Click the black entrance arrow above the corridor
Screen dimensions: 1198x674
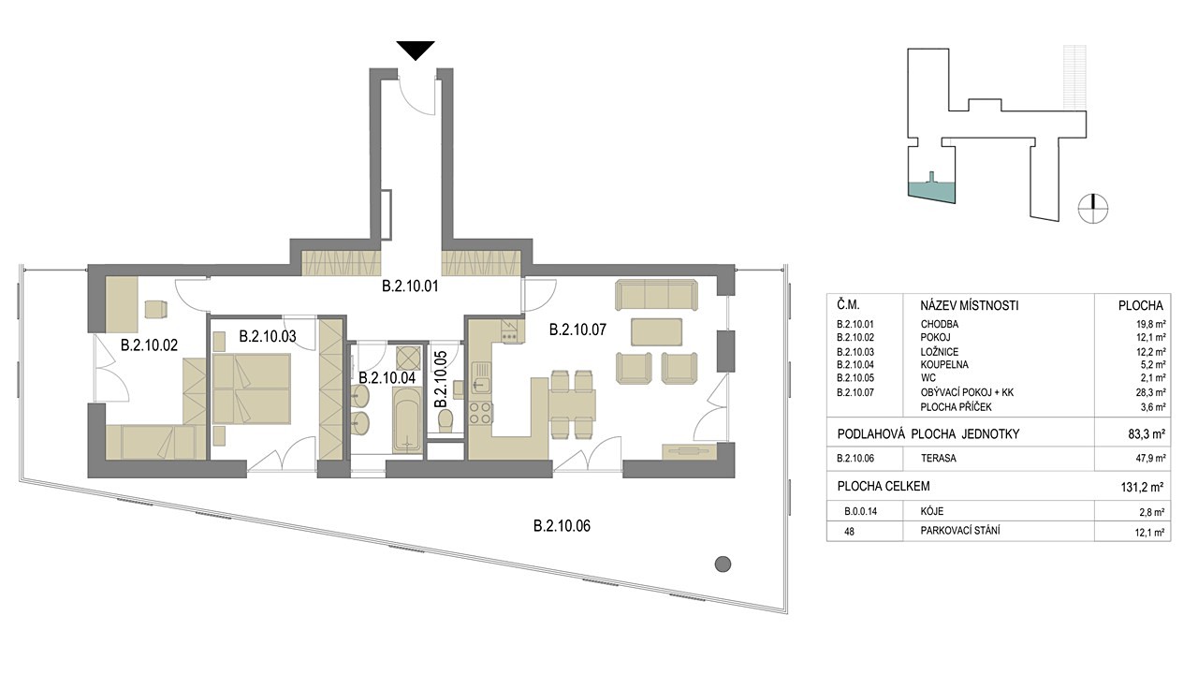point(416,51)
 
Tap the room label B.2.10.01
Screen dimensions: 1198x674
point(410,286)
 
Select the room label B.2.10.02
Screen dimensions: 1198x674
point(149,345)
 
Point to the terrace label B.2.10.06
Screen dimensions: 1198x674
point(562,526)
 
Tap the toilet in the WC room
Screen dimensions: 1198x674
point(445,420)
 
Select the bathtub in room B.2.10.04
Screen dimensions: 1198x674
point(407,420)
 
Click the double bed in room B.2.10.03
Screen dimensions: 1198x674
point(252,388)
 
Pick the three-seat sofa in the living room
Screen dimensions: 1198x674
point(657,295)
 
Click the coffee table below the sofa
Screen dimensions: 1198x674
point(656,332)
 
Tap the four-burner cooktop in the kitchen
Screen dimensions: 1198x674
point(480,413)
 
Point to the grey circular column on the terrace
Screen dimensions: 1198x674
point(723,564)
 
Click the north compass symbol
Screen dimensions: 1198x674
point(1092,208)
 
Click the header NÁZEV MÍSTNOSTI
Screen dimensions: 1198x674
point(969,306)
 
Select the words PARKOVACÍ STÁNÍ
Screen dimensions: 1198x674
point(960,531)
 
